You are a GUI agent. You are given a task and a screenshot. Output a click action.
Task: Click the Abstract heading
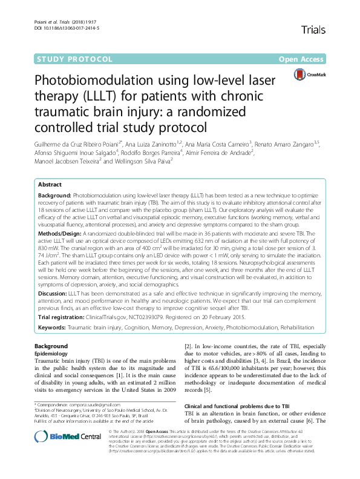(50, 184)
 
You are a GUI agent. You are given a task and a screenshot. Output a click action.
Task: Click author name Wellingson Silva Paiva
(142, 161)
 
